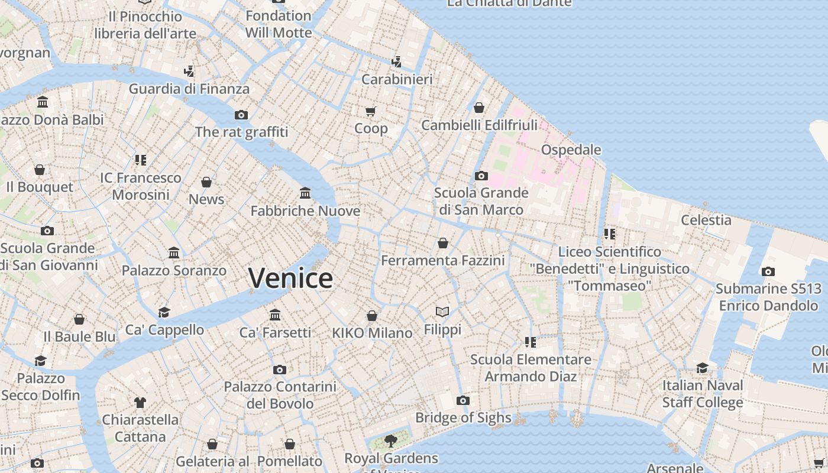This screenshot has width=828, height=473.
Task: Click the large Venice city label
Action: pos(290,278)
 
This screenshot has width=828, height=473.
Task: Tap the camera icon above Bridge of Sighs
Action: pos(463,401)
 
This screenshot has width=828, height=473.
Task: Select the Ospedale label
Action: pos(571,150)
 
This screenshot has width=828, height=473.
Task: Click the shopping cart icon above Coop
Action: pos(371,111)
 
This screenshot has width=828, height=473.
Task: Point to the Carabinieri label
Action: pos(397,79)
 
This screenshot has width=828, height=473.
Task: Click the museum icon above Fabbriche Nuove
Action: pos(305,193)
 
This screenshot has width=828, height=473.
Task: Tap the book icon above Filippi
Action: pos(442,312)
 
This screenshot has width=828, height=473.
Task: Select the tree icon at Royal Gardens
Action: pos(390,440)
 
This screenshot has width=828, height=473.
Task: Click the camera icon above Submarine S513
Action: pos(768,272)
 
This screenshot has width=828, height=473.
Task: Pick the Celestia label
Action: pos(706,220)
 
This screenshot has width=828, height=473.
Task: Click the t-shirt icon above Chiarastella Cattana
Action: pos(140,403)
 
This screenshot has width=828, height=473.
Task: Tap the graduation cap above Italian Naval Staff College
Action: pos(702,368)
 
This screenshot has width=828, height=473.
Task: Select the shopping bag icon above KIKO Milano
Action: pos(372,316)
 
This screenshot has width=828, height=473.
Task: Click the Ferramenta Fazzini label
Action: pos(443,260)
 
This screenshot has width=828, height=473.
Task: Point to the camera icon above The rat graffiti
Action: pos(241,115)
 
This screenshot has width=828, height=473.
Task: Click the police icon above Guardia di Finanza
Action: pos(189,72)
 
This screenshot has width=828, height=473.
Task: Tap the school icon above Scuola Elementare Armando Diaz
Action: pos(530,342)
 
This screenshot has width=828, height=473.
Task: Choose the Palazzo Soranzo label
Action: pos(174,270)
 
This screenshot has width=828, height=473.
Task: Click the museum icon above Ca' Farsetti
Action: pos(275,315)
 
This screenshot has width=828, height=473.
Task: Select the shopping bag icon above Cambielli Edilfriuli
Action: pos(479,108)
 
